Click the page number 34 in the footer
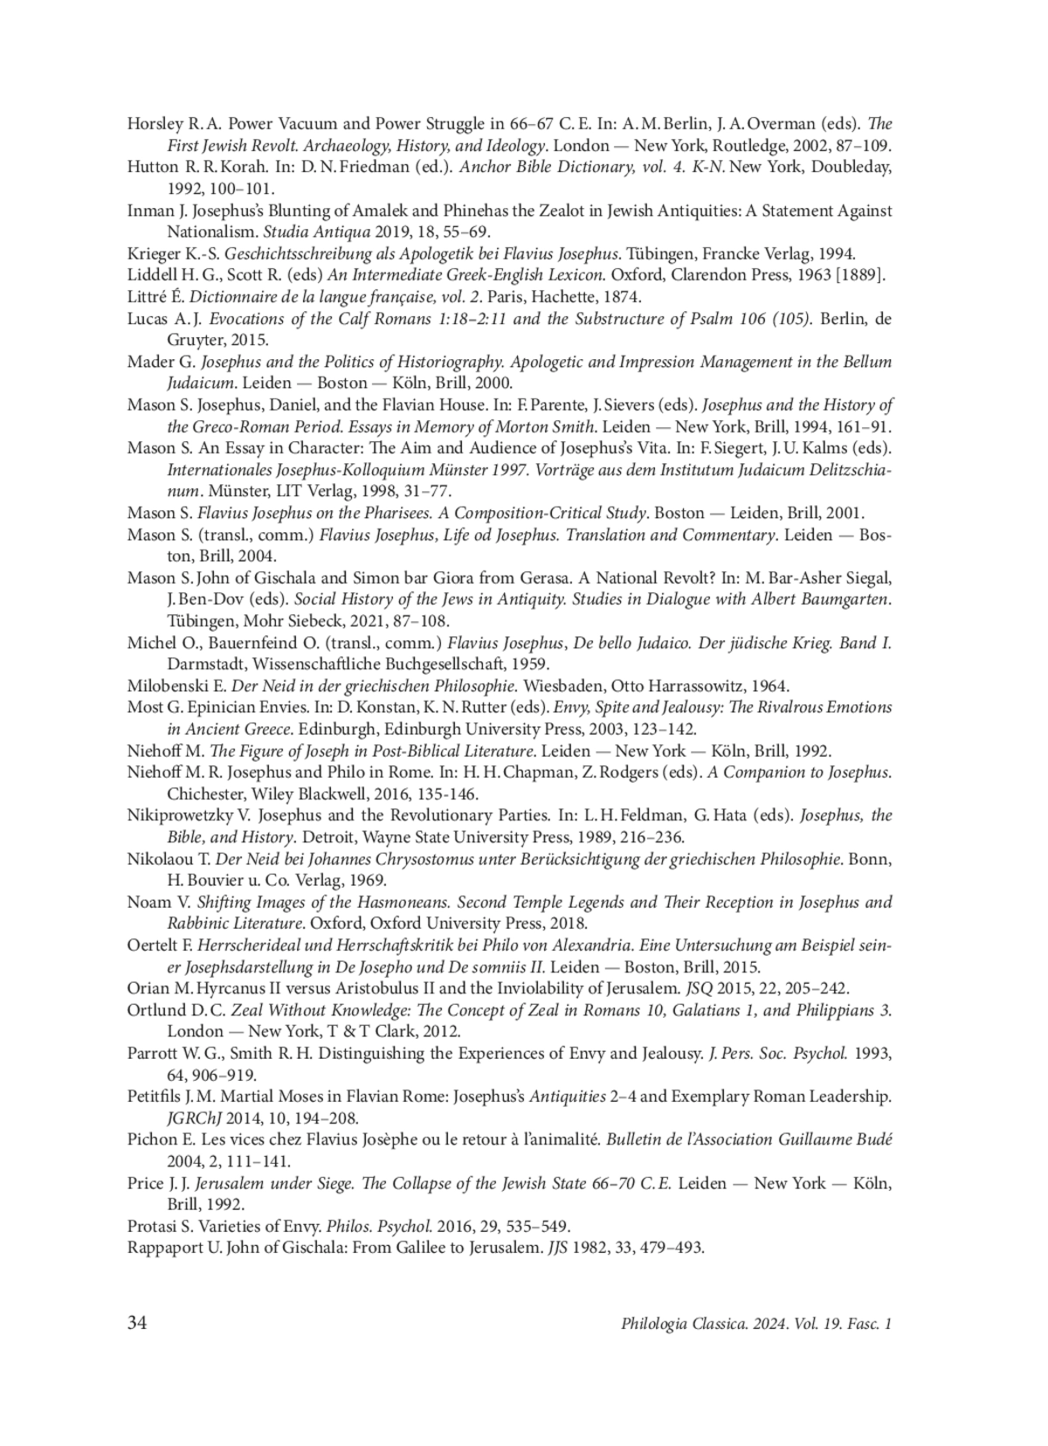click(x=137, y=1323)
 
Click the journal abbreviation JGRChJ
click(x=192, y=1117)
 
